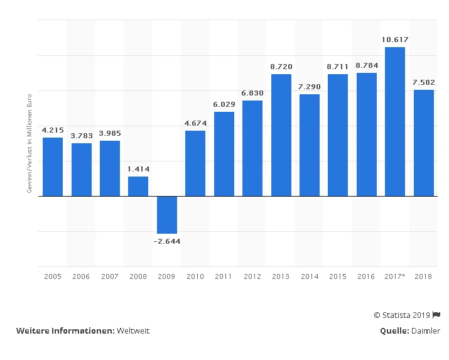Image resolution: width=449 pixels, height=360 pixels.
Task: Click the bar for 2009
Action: point(167,215)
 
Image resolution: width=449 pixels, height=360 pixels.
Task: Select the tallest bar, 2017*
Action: point(395,121)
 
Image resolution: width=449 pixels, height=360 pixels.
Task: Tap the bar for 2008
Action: point(138,186)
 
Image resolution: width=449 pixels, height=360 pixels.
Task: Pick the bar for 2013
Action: point(281,135)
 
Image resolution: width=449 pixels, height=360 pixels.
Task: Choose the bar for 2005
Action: point(53,166)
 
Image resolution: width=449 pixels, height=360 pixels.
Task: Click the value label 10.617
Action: point(395,40)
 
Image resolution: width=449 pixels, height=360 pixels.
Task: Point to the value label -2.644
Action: point(167,241)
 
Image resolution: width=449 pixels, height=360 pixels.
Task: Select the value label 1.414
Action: point(138,169)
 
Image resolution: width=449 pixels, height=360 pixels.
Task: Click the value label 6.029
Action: point(224,104)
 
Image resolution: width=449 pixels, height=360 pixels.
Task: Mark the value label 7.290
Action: point(310,87)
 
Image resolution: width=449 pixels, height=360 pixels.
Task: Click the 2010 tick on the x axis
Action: point(195,276)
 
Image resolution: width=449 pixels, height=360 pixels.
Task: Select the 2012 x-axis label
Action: point(252,276)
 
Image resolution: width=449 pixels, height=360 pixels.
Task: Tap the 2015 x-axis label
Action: point(338,276)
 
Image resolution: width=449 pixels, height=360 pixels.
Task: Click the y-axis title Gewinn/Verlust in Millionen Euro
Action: point(30,144)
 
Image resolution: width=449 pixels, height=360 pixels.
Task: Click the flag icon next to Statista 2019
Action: point(436,315)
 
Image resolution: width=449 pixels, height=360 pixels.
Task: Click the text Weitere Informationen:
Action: point(65,331)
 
